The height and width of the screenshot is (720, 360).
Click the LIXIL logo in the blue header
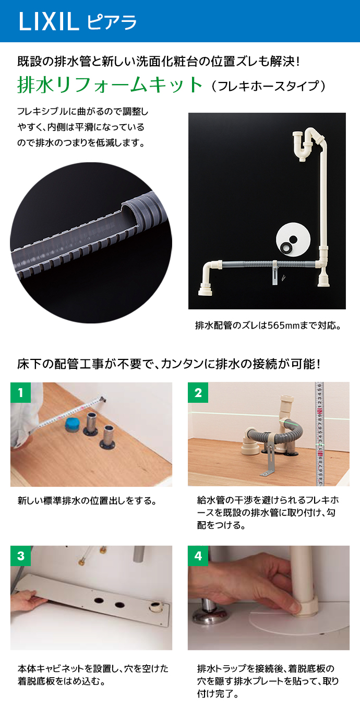click(49, 22)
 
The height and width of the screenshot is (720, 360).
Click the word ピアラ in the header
click(112, 22)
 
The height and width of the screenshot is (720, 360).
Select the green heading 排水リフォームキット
click(110, 85)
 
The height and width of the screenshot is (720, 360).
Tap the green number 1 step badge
click(20, 392)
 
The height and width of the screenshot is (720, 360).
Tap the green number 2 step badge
click(198, 392)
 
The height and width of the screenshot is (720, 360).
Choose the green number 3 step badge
click(20, 556)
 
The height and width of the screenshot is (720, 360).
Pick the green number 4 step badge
click(198, 556)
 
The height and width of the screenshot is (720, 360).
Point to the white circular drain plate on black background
click(293, 239)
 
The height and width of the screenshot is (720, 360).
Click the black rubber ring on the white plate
click(287, 247)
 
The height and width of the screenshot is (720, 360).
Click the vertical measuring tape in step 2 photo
click(319, 434)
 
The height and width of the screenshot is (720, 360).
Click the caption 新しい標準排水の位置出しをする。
click(87, 501)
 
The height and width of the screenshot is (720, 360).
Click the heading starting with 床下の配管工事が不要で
click(169, 364)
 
